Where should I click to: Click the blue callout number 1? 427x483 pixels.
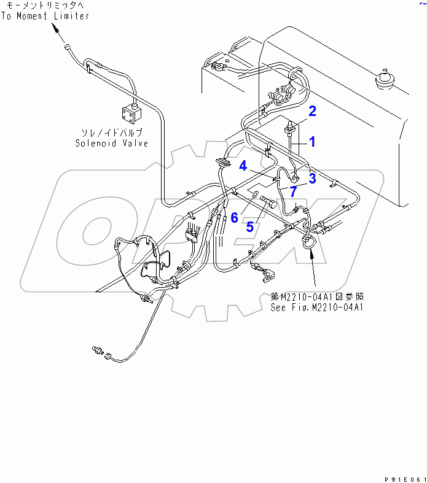click(x=312, y=142)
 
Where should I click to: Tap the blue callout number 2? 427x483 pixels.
click(x=312, y=111)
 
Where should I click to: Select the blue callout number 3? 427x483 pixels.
click(x=312, y=178)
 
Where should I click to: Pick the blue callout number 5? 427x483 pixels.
click(x=249, y=226)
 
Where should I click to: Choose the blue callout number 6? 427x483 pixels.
click(x=234, y=217)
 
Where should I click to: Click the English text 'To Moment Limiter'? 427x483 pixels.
click(x=45, y=15)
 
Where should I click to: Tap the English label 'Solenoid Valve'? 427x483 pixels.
click(x=112, y=143)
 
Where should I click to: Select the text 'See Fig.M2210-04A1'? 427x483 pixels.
click(x=317, y=307)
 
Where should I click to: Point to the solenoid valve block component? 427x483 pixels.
click(x=131, y=113)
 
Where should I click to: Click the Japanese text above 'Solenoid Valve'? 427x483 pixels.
click(x=112, y=132)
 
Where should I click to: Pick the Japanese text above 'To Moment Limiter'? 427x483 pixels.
click(x=45, y=5)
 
